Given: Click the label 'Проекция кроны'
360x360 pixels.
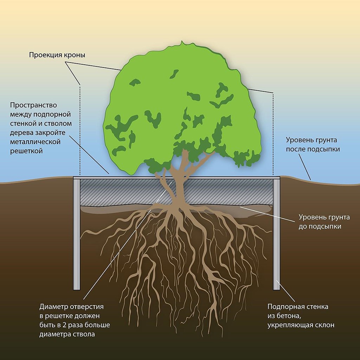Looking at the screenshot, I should point(57,55).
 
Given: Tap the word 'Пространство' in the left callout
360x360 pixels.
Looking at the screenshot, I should point(33,105).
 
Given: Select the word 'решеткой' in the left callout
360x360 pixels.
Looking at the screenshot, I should point(26,151).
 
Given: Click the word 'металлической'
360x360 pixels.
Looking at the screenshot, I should point(36,142).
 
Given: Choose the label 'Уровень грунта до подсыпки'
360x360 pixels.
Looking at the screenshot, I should point(320,221).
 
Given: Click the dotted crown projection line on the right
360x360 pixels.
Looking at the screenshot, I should point(273,134).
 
